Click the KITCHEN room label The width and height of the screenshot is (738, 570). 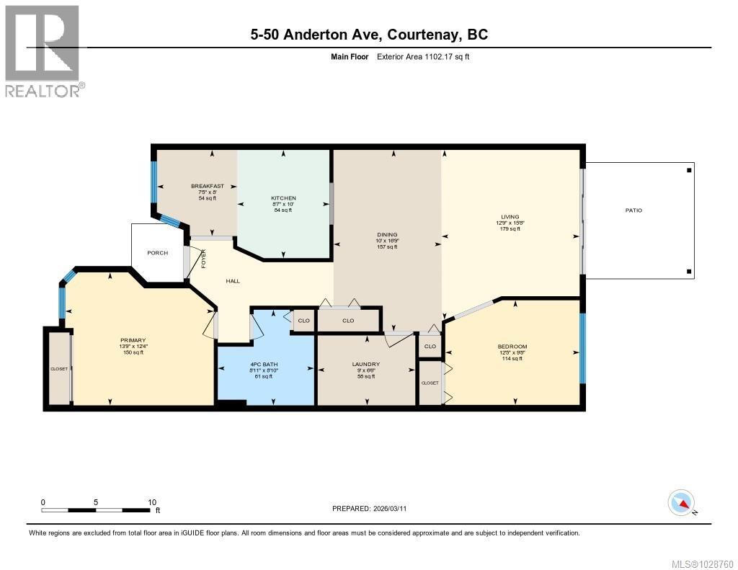(283, 198)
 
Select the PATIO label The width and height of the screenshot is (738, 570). (633, 210)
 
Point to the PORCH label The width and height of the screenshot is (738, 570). (157, 253)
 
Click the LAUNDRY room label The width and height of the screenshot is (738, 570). (365, 364)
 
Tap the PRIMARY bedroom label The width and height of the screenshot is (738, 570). (133, 340)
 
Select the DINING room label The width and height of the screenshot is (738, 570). (387, 234)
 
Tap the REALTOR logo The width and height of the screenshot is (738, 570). (43, 50)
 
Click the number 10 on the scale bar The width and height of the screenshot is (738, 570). (152, 502)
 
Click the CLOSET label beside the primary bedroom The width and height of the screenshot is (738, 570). (58, 368)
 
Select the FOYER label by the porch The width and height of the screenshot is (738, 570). (203, 259)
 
